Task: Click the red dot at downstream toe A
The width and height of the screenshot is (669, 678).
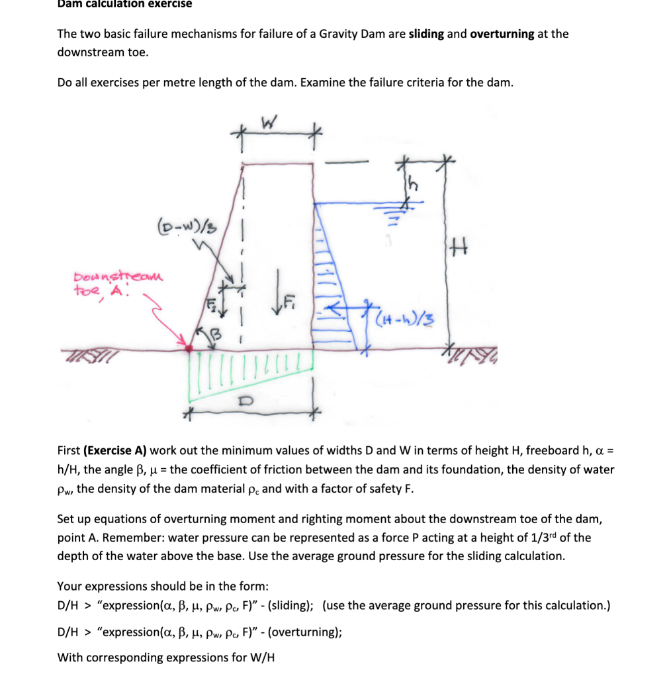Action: point(189,348)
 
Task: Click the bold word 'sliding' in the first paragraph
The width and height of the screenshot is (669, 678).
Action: point(426,34)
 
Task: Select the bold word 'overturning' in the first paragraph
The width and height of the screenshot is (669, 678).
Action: point(502,34)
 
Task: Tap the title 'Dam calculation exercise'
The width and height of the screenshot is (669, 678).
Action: point(124,4)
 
